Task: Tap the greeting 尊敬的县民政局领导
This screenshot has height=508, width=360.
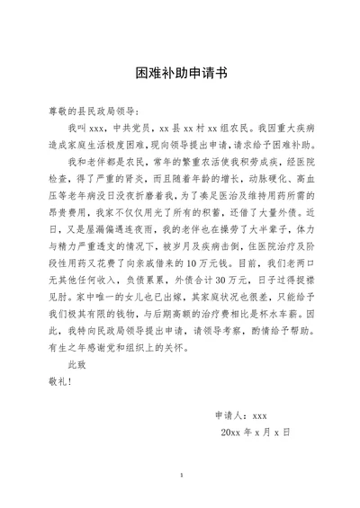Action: [93, 111]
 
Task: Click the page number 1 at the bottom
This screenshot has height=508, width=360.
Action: [180, 475]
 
